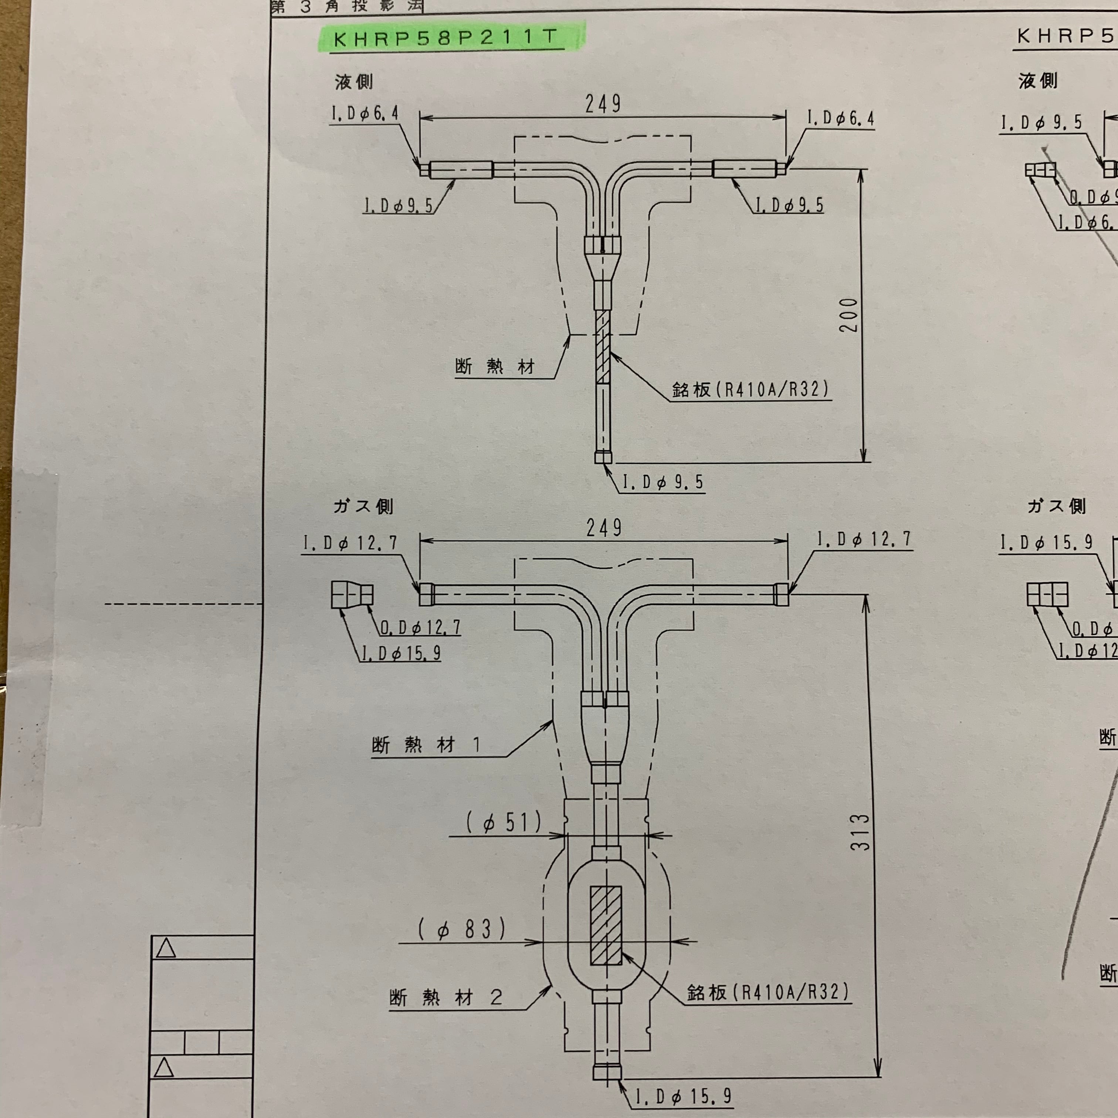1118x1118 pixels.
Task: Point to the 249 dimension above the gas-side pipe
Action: tap(604, 528)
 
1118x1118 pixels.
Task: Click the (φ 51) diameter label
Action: tap(504, 822)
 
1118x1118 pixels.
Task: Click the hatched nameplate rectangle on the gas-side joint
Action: tap(606, 925)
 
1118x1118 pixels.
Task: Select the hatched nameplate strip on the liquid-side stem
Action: tap(602, 347)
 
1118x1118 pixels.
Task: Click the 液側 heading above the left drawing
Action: tap(353, 82)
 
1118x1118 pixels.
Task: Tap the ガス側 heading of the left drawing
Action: tap(363, 507)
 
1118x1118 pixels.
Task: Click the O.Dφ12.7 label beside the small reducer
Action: tap(420, 627)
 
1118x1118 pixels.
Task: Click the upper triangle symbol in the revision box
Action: tap(166, 948)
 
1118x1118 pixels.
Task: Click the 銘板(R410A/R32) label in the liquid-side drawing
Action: tap(750, 389)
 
